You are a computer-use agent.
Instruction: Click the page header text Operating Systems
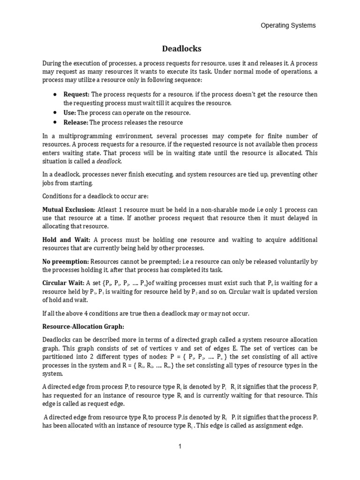[x=288, y=25]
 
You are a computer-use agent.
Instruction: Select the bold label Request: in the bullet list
[x=76, y=94]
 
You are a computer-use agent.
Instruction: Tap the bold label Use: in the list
[x=70, y=113]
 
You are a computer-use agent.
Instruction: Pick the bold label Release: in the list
[x=75, y=122]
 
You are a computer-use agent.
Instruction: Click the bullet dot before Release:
[x=55, y=122]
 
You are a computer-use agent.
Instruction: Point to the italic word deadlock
[x=109, y=161]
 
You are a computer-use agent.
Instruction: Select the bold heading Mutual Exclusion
[x=68, y=209]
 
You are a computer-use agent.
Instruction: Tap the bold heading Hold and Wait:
[x=66, y=240]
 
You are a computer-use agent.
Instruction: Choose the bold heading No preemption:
[x=66, y=261]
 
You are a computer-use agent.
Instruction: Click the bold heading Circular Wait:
[x=63, y=283]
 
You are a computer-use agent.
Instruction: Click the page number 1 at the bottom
[x=180, y=446]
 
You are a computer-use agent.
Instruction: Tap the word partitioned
[x=60, y=357]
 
